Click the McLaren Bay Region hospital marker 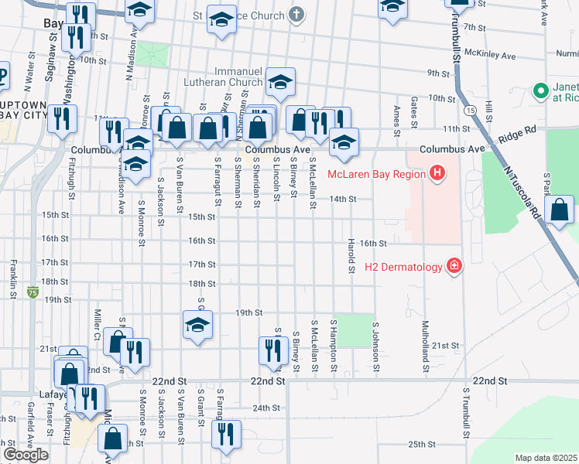pyautogui.click(x=437, y=173)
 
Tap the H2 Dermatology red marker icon pyautogui.click(x=454, y=267)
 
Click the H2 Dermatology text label pyautogui.click(x=403, y=268)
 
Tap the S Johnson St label pyautogui.click(x=375, y=346)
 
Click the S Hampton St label pyautogui.click(x=334, y=341)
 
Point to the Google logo pyautogui.click(x=26, y=455)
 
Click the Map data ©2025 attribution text pyautogui.click(x=546, y=458)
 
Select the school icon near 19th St pyautogui.click(x=197, y=325)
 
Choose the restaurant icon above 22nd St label pyautogui.click(x=272, y=350)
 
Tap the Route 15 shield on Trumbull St pyautogui.click(x=470, y=111)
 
